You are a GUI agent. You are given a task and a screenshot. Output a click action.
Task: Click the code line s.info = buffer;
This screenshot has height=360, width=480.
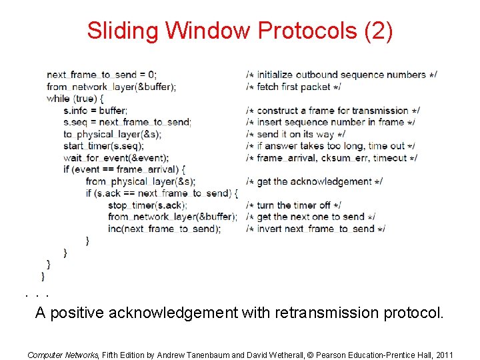(95, 111)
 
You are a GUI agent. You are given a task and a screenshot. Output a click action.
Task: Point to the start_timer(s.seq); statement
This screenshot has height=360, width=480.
(103, 146)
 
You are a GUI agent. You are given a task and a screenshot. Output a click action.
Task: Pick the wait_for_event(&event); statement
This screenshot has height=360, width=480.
(116, 158)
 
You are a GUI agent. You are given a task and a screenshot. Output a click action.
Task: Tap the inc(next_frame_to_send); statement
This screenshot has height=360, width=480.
(164, 229)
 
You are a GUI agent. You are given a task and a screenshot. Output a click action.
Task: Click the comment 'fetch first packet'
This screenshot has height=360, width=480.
(293, 87)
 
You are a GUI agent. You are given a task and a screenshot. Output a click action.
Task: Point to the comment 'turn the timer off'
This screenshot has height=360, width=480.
(293, 205)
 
